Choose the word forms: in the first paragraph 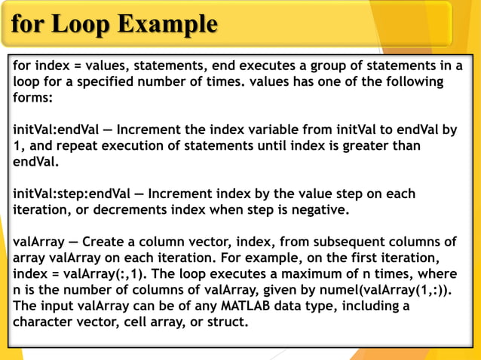[32, 97]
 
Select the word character [44, 322]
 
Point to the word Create [103, 242]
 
